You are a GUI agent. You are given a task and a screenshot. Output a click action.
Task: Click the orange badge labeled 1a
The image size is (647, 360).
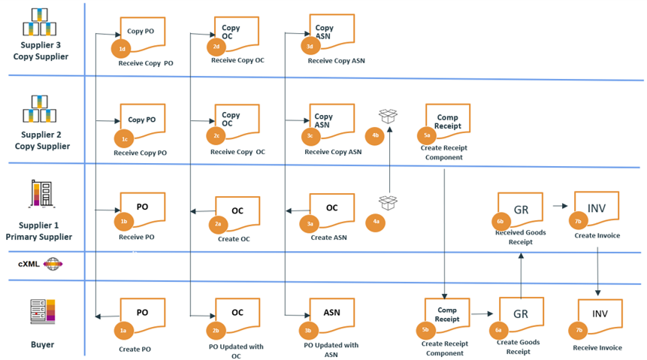pos(122,330)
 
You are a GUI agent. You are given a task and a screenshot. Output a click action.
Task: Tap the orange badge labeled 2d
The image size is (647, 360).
pos(216,47)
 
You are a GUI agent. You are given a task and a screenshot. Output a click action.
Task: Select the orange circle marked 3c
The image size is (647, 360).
pos(310,136)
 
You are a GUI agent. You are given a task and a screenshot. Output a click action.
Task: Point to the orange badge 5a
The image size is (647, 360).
pos(427,136)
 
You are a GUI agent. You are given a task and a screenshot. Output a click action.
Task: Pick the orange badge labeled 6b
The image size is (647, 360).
pos(500,222)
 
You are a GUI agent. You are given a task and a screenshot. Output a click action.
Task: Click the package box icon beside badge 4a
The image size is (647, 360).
pos(389,202)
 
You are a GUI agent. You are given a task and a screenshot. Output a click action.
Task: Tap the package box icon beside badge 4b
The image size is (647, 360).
pos(389,116)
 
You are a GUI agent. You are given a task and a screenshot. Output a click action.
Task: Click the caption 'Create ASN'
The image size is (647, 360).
pos(328,237)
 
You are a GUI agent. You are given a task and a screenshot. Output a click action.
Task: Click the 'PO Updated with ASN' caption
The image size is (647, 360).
pos(331,350)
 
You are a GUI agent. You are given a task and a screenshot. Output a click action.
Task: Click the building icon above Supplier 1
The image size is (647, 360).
pos(41,193)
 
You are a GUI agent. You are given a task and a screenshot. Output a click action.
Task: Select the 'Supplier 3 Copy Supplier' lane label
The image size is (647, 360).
pos(41,51)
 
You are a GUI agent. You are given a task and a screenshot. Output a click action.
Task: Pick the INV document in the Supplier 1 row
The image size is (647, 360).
pos(597,207)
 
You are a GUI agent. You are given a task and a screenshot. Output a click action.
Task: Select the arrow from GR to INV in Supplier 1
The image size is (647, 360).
pos(560,205)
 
